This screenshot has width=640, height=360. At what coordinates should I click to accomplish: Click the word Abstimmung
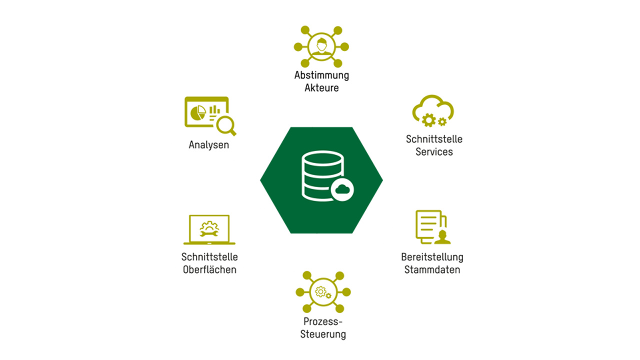[321, 75]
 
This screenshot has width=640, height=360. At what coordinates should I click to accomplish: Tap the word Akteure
[321, 88]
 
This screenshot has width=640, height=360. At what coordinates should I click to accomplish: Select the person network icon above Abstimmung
[321, 46]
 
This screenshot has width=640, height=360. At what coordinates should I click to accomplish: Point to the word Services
[434, 151]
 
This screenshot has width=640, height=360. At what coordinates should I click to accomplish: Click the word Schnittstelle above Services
[434, 139]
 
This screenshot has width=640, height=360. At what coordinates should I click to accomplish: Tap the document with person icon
[432, 227]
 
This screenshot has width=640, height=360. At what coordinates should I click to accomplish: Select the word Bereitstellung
[432, 257]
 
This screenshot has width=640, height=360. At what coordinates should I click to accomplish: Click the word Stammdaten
[432, 270]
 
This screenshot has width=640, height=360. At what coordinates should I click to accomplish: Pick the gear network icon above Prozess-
[322, 292]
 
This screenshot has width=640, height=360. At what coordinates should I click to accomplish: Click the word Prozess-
[323, 321]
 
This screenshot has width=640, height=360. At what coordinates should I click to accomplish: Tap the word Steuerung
[323, 334]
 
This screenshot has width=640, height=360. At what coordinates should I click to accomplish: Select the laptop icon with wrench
[209, 229]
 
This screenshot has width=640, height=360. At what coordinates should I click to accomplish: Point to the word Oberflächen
[209, 270]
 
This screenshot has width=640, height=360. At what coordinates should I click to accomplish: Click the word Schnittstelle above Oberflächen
[209, 257]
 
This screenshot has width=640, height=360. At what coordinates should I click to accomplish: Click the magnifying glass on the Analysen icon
[226, 124]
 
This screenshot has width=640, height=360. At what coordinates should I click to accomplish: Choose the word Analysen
[208, 145]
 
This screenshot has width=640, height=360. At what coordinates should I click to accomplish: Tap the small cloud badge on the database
[342, 189]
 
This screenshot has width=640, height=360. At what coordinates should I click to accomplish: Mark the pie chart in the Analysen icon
[198, 112]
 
